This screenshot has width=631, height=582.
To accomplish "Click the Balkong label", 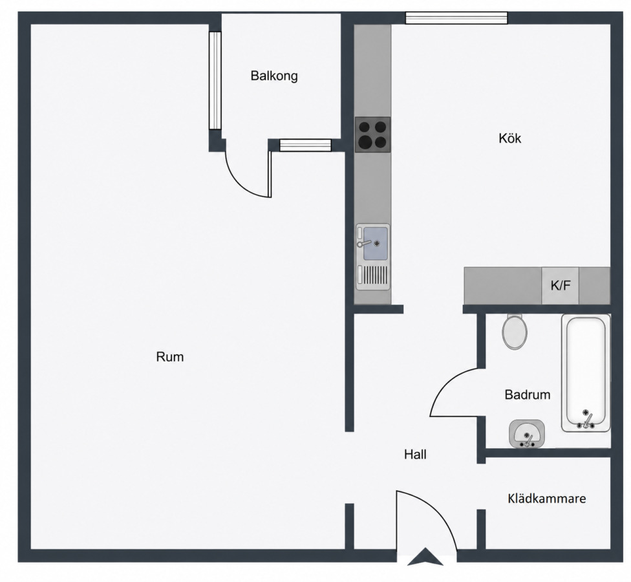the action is [x=274, y=76].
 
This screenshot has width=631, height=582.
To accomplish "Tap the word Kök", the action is [x=510, y=138].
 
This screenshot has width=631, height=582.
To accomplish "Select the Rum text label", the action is [x=170, y=356].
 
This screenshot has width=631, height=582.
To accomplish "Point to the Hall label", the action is [x=415, y=455].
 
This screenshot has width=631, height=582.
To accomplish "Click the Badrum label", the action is [x=528, y=394].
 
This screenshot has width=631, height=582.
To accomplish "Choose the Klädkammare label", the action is [x=547, y=499].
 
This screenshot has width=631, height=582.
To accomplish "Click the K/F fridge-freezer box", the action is [x=560, y=285].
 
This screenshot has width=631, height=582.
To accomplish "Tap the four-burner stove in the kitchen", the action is [x=372, y=135].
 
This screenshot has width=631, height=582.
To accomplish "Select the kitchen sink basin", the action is [x=376, y=243].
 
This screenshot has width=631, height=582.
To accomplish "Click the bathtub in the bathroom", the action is [x=586, y=373].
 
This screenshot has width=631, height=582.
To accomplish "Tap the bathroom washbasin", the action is [x=527, y=434].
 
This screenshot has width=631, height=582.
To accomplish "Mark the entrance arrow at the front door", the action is [x=425, y=556].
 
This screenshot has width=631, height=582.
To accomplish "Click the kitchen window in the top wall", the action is [x=456, y=18].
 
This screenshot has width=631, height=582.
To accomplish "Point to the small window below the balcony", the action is [x=305, y=145].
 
